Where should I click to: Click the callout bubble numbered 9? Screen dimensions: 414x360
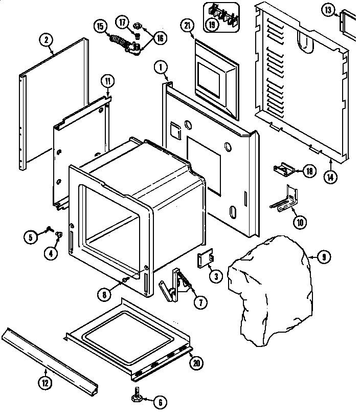[x=322, y=257]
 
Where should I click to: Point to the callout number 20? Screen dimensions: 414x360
[x=195, y=363]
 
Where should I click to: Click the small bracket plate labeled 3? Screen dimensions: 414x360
[x=205, y=260]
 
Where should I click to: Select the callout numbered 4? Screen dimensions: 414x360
[x=50, y=252]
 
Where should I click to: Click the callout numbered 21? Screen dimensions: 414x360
[x=188, y=27]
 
